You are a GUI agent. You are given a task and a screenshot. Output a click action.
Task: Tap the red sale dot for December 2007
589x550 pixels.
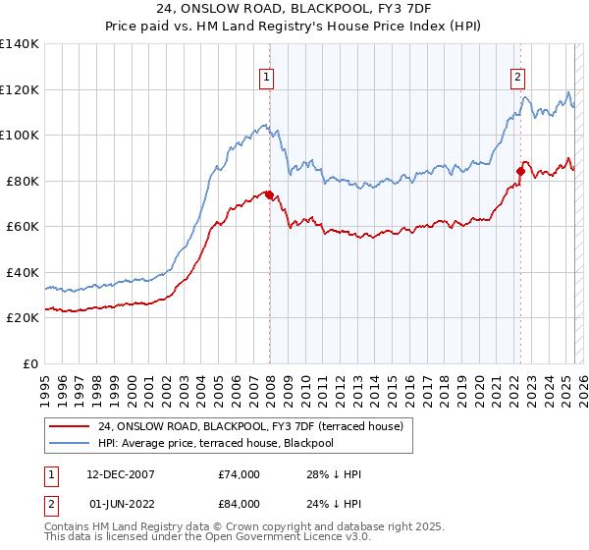[269, 194]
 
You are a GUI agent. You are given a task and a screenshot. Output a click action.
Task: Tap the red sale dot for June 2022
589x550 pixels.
[520, 172]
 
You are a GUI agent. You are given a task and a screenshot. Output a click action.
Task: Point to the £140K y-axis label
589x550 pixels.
[20, 44]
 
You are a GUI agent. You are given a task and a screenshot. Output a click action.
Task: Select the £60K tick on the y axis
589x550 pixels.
[22, 227]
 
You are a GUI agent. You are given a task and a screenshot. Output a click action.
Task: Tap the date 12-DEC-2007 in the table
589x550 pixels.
[119, 474]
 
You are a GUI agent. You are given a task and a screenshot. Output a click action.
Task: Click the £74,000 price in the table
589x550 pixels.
[240, 474]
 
